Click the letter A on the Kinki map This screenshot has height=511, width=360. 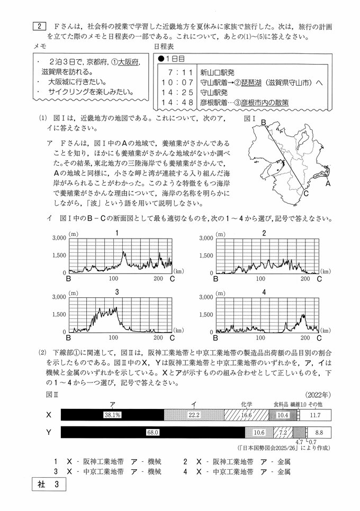pos(328,184)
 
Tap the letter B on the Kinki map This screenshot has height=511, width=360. pos(262,123)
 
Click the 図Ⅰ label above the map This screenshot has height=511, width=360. pos(250,119)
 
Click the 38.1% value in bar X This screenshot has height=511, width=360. pos(113,415)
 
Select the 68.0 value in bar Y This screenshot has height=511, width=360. pos(152,432)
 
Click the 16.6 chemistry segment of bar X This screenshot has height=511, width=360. pos(247,415)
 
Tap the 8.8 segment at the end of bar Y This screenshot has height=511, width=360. pos(319,432)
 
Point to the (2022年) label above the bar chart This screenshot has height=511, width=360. pos(318,395)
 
